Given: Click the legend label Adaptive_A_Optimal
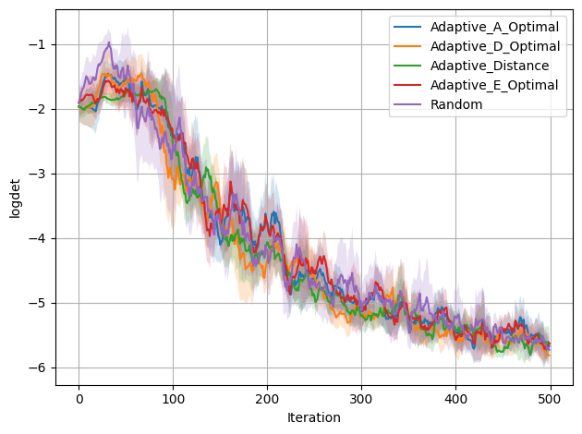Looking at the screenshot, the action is pyautogui.click(x=494, y=27).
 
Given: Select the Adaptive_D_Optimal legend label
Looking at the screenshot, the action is pyautogui.click(x=495, y=46).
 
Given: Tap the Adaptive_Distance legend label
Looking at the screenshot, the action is pyautogui.click(x=490, y=66).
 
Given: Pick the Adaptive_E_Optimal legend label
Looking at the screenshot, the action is pyautogui.click(x=494, y=85).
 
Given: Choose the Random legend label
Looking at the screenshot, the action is pyautogui.click(x=456, y=104).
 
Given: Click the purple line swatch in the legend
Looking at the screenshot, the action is pyautogui.click(x=407, y=104).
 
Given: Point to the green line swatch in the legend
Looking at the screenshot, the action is pyautogui.click(x=407, y=66).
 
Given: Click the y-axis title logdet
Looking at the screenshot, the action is pyautogui.click(x=15, y=199).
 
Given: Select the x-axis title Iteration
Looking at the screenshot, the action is pyautogui.click(x=314, y=417).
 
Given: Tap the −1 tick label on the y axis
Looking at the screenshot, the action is pyautogui.click(x=37, y=44).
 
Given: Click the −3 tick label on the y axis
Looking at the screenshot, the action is pyautogui.click(x=37, y=174).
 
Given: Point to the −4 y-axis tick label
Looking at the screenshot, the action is pyautogui.click(x=37, y=238).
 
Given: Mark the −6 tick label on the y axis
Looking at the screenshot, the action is pyautogui.click(x=37, y=368).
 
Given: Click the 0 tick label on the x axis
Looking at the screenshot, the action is pyautogui.click(x=79, y=399).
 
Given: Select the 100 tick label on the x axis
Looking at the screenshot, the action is pyautogui.click(x=173, y=399).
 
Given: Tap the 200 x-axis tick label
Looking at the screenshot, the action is pyautogui.click(x=267, y=399).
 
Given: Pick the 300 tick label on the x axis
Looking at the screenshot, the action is pyautogui.click(x=361, y=399).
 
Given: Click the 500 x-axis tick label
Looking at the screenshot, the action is pyautogui.click(x=550, y=399).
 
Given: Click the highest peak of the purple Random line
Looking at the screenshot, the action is pyautogui.click(x=109, y=42).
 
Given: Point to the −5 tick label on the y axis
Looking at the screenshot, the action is pyautogui.click(x=37, y=304).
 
